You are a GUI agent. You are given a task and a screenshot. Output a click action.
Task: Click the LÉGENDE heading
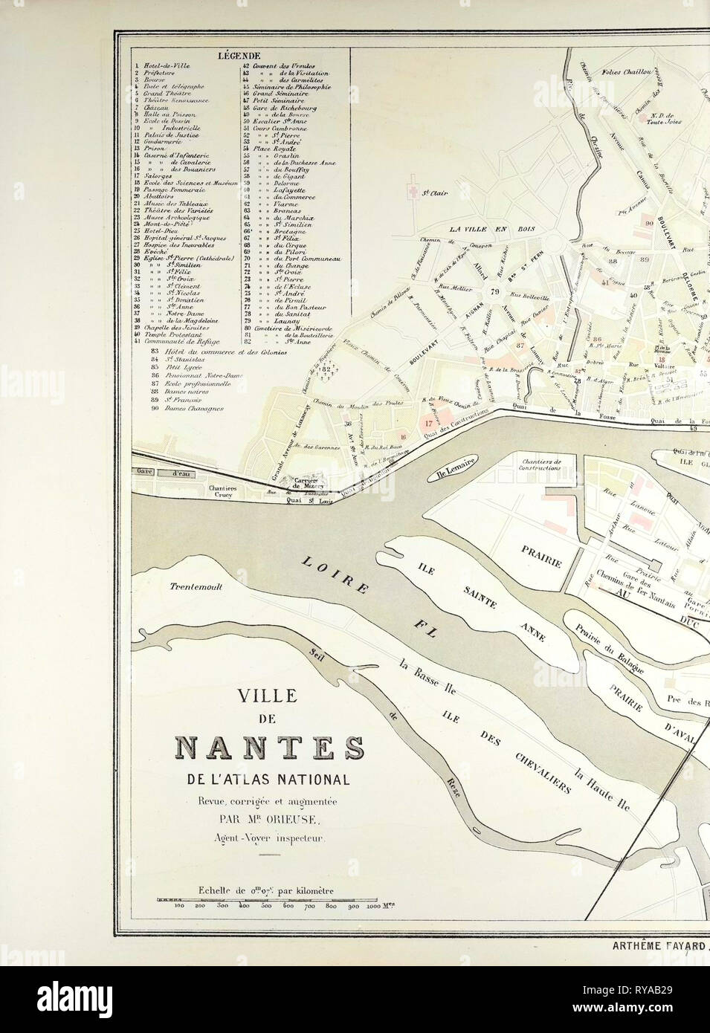tap(239, 56)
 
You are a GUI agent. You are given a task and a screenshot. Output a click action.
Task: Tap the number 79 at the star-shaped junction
tap(494, 291)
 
